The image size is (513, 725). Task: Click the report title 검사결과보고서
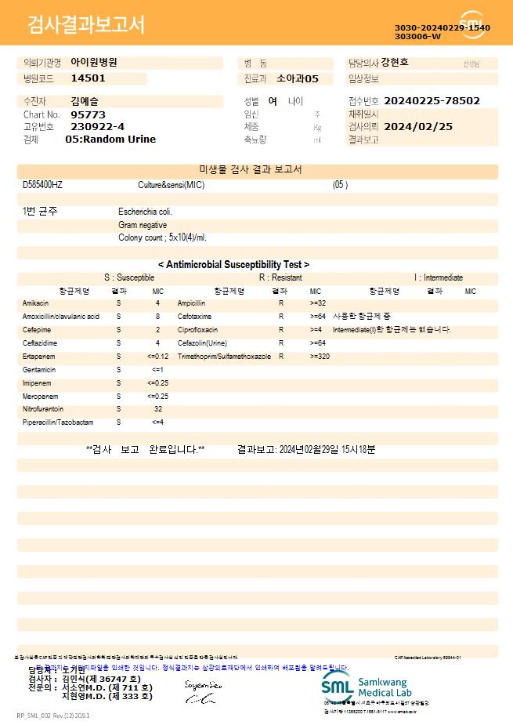click(x=86, y=25)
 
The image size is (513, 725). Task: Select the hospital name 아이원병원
click(x=94, y=62)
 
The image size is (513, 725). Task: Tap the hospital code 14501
click(x=88, y=78)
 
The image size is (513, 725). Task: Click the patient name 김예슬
click(x=85, y=101)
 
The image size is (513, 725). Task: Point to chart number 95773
click(x=88, y=114)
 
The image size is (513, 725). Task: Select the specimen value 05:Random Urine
click(x=110, y=140)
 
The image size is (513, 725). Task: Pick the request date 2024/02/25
click(x=419, y=126)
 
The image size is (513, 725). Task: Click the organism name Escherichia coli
click(x=146, y=212)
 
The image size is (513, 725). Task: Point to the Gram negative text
click(x=143, y=225)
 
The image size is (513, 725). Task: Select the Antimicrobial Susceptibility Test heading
click(x=233, y=265)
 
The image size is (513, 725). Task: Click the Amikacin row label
click(x=35, y=303)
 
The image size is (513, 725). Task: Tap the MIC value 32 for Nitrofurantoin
click(x=157, y=409)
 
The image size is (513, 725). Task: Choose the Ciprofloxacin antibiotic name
click(x=197, y=330)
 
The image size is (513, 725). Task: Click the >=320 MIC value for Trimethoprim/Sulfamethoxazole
click(x=320, y=356)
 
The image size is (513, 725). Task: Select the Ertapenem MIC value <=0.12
click(x=157, y=357)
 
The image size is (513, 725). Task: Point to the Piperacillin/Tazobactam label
click(x=58, y=422)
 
